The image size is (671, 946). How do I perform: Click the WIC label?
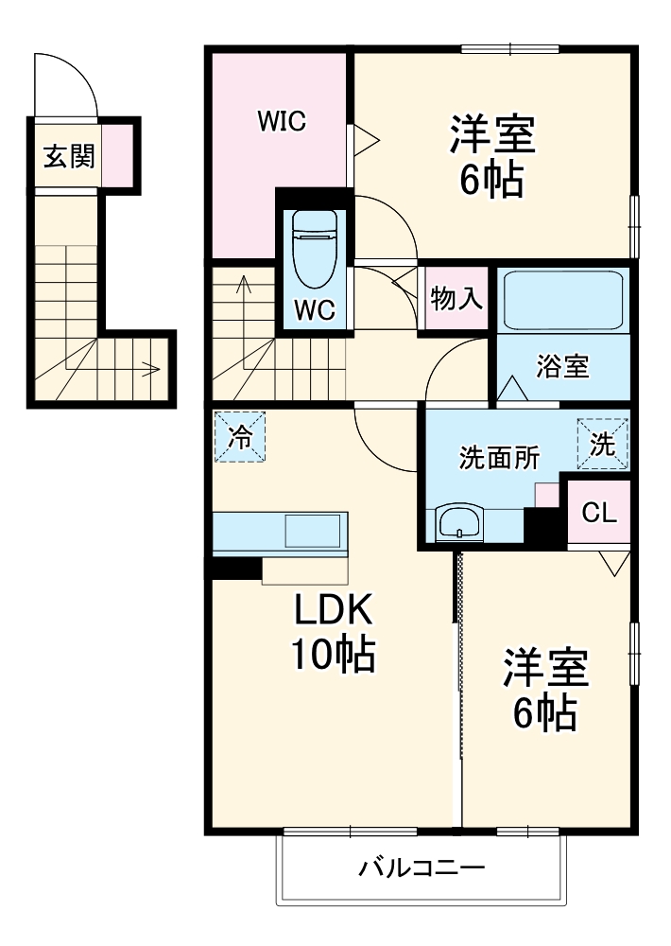283,121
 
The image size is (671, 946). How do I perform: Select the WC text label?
315,310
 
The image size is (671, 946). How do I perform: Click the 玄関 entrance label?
69,156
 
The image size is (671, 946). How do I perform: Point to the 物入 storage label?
456,298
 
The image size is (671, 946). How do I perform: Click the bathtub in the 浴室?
563,300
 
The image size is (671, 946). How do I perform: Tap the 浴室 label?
562,366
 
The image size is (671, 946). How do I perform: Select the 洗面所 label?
499,458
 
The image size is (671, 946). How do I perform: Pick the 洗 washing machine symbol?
602,445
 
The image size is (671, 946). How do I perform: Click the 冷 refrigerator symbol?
240,437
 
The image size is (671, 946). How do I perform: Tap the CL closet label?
599,513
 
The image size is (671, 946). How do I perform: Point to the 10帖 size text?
334,654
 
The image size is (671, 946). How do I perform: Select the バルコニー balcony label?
422,868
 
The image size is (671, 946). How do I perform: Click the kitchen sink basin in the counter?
312,532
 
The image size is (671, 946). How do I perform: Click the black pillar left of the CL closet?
544,527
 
